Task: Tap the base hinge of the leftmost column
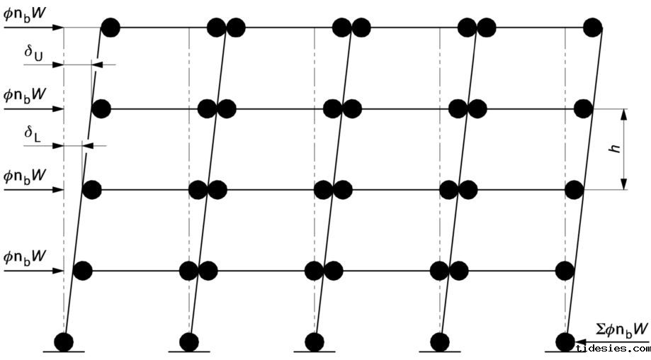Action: [x=64, y=342]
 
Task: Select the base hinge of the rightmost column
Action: [x=565, y=342]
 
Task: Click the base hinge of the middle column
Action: [x=315, y=342]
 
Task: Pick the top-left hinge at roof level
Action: [x=110, y=28]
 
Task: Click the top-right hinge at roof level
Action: [x=592, y=28]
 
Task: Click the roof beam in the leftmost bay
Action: [x=163, y=28]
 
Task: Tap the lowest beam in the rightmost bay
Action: [x=506, y=270]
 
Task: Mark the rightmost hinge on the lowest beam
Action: [x=565, y=270]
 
